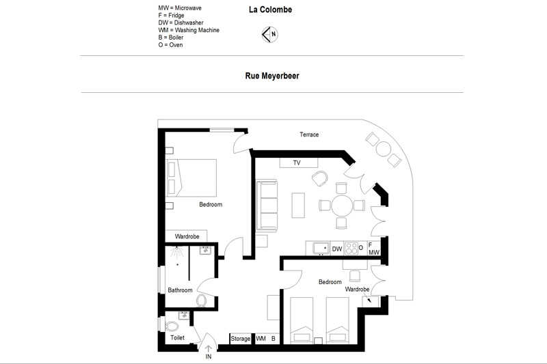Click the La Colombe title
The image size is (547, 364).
[x=270, y=10]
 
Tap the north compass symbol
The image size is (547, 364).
[x=269, y=34]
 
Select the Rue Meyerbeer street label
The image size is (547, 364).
[x=272, y=76]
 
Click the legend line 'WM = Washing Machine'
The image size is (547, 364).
[x=189, y=30]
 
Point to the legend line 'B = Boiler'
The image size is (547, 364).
[x=170, y=38]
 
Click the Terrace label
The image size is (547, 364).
[x=309, y=135]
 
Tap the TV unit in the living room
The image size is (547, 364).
[x=299, y=163]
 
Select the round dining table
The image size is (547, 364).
[x=342, y=206]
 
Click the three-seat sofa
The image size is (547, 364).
[x=267, y=206]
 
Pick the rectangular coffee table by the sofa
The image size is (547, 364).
[x=298, y=205]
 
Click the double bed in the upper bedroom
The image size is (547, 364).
[x=191, y=178]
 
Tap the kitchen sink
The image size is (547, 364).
[x=321, y=249]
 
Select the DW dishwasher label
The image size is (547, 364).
[x=337, y=249]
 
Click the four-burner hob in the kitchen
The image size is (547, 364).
[x=351, y=249]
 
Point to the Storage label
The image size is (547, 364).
[x=241, y=339]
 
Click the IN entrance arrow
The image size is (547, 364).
[x=209, y=349]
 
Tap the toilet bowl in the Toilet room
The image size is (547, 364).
[x=172, y=326]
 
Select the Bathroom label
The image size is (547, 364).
[x=180, y=290]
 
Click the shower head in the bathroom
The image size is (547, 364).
[x=177, y=251]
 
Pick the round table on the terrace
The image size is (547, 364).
[x=383, y=149]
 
